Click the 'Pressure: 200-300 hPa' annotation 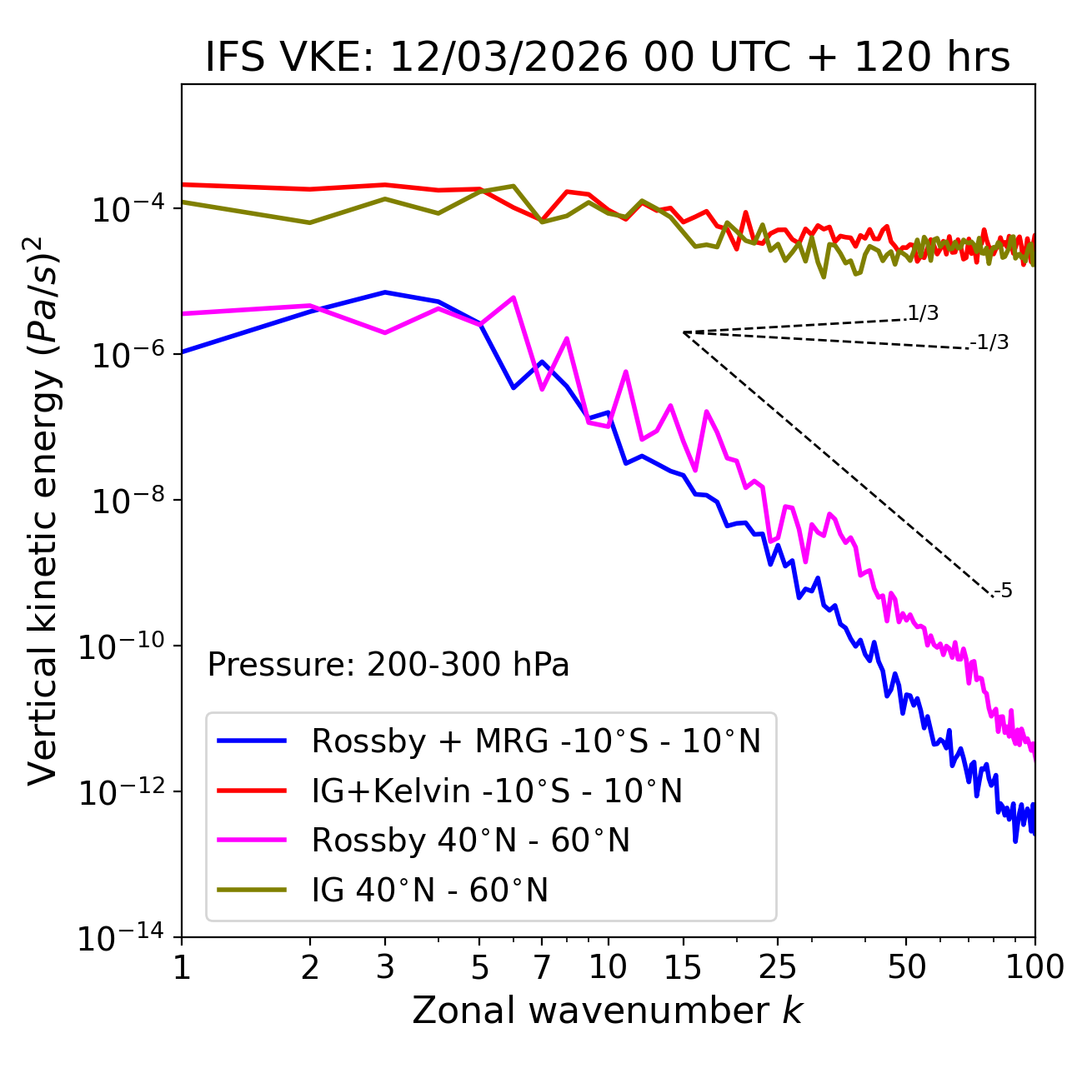tap(388, 665)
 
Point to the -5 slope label tap(1003, 591)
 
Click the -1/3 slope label tap(989, 342)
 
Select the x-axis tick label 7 tap(542, 967)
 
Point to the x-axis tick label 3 tap(385, 967)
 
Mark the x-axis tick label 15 tap(683, 967)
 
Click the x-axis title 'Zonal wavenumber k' tap(608, 1011)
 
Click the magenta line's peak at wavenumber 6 tap(513, 297)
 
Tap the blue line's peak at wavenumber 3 tap(385, 292)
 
